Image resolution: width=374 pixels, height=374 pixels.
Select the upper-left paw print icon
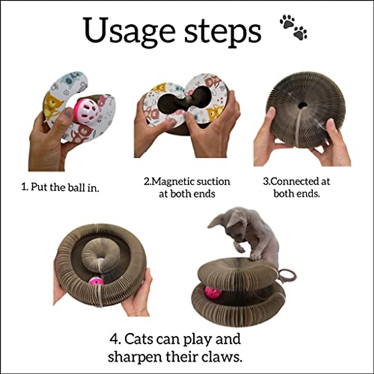287,21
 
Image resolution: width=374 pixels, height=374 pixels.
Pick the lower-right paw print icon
300,33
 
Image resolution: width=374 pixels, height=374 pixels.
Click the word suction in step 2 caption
213,181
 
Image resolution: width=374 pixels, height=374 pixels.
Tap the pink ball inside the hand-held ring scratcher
96,282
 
